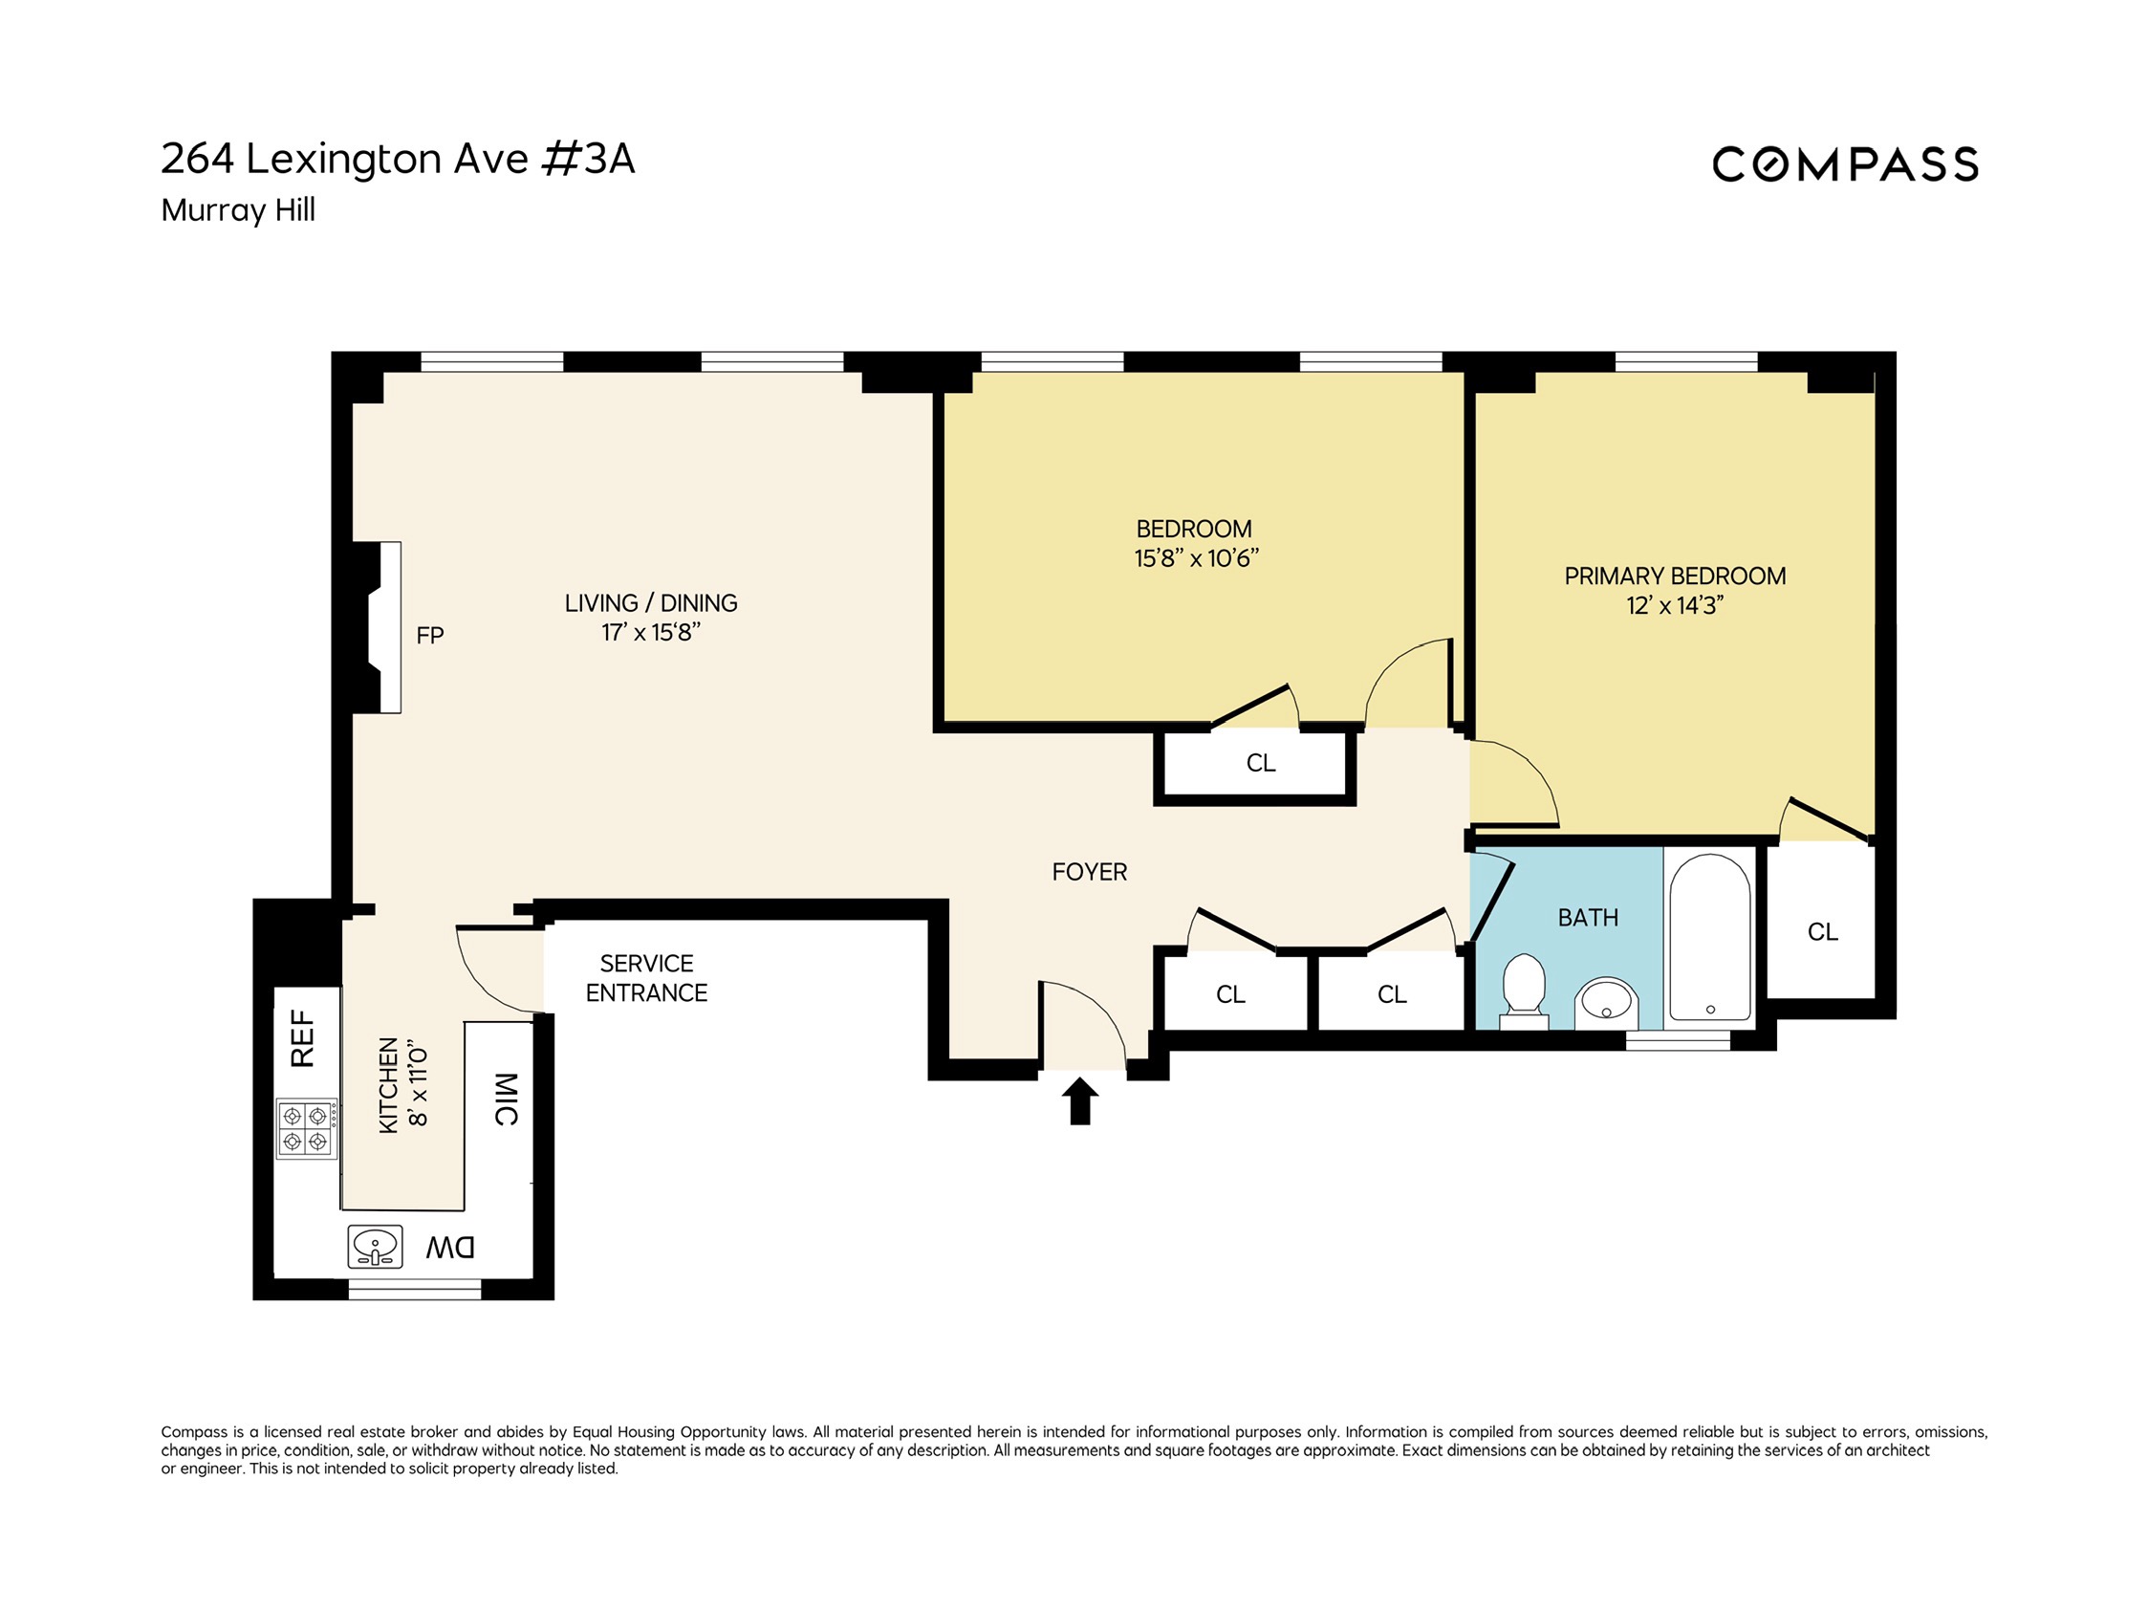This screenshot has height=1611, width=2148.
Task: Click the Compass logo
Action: tap(1844, 164)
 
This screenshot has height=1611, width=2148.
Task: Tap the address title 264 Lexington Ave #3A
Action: tap(397, 160)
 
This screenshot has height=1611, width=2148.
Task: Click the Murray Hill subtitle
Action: tap(238, 209)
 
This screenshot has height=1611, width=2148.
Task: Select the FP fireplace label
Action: tap(429, 635)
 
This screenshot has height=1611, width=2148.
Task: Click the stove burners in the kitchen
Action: tap(306, 1128)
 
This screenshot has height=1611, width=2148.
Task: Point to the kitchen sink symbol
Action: tap(375, 1246)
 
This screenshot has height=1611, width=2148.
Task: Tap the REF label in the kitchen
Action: tap(303, 1038)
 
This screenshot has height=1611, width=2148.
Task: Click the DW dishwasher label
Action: tap(450, 1247)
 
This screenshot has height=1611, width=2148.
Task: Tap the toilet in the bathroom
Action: tap(1524, 989)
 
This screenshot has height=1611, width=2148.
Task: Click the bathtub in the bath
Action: tap(1709, 937)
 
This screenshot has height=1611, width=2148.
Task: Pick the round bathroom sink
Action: tap(1606, 1000)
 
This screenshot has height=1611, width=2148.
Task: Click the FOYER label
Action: tap(1090, 872)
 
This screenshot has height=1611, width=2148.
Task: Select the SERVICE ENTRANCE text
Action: tap(646, 978)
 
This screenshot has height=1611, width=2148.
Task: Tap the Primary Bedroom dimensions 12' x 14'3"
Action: tap(1675, 605)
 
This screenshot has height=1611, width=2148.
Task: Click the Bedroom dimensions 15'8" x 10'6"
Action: tap(1195, 557)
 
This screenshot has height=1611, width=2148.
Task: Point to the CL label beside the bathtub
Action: tap(1823, 932)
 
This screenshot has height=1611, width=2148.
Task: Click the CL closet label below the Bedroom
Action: tap(1261, 762)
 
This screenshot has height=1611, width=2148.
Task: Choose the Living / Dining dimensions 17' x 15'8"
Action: tap(651, 632)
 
